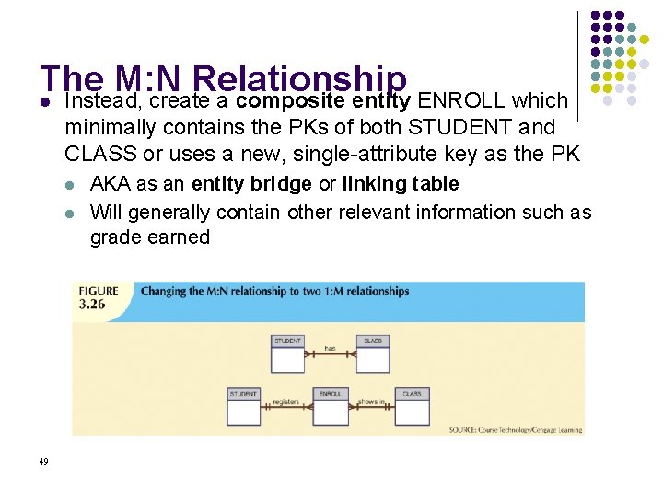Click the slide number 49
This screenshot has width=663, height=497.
44,461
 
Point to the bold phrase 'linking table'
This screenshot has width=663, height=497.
400,184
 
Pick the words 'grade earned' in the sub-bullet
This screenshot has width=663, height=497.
149,237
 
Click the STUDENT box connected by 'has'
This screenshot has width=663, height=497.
287,353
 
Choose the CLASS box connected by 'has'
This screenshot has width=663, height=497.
372,353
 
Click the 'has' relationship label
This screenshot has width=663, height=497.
330,348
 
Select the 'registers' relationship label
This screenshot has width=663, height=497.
286,402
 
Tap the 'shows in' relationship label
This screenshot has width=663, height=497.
371,402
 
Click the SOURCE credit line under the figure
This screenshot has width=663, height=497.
515,429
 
